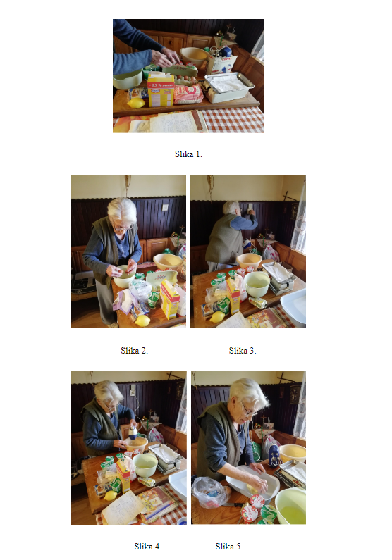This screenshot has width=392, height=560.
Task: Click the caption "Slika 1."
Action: (x=188, y=154)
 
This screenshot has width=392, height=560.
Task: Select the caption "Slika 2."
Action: (x=134, y=350)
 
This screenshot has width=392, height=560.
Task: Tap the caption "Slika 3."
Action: (x=243, y=350)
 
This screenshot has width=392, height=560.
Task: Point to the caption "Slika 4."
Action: (x=147, y=546)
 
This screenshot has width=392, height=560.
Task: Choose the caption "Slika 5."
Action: (x=228, y=546)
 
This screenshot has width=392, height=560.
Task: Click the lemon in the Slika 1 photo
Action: (x=136, y=103)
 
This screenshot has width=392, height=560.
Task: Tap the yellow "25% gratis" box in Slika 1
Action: (x=161, y=90)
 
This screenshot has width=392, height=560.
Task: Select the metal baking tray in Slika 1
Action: (x=228, y=86)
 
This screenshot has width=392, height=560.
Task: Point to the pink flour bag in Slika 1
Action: (x=188, y=94)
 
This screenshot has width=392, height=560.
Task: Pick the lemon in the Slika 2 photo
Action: (x=142, y=321)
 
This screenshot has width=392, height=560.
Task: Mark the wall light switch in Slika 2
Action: (x=165, y=207)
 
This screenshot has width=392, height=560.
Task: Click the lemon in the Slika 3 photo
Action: (x=217, y=317)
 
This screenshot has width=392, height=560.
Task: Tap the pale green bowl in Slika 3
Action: (x=257, y=284)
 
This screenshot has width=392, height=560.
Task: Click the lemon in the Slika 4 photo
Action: (x=111, y=495)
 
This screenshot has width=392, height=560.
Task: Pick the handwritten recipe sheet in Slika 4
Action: (x=121, y=508)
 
